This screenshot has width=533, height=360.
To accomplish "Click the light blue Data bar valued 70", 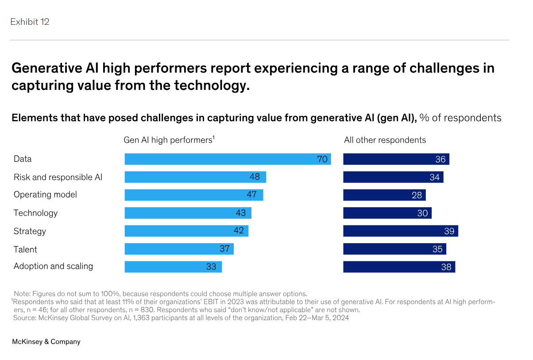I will (228, 159).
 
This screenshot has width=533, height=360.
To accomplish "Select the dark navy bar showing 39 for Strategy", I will (400, 231).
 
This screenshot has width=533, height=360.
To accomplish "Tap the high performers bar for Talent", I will (179, 249).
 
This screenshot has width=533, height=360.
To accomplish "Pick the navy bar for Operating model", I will (384, 195).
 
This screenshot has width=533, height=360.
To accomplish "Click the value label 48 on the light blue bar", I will (255, 177).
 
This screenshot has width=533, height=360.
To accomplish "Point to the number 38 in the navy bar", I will (446, 267).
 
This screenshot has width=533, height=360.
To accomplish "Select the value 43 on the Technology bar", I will (241, 213).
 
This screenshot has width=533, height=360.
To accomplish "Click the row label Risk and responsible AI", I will (58, 177).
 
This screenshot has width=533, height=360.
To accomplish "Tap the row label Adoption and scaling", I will (54, 266).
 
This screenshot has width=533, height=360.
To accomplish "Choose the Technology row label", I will (36, 213).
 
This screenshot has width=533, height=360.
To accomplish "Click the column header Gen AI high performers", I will (169, 140).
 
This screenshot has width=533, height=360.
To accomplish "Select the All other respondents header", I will (385, 140).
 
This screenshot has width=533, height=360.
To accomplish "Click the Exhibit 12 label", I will (30, 22).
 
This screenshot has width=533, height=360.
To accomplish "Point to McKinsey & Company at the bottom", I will (46, 342).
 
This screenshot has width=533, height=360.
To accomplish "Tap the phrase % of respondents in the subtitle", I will (460, 118).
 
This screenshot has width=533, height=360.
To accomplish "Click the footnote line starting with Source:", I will (181, 318).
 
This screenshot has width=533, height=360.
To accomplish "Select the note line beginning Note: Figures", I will (160, 294).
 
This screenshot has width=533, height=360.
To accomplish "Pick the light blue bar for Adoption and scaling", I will (173, 267).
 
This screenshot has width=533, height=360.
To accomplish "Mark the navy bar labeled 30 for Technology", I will (387, 213).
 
